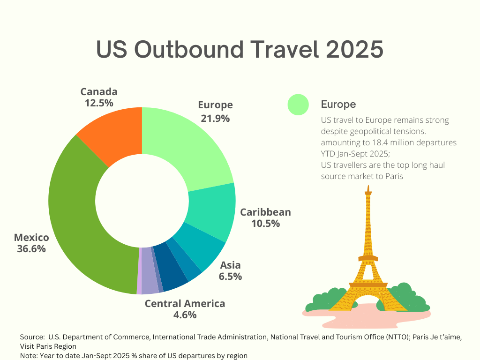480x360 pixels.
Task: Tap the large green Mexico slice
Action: pyautogui.click(x=80, y=220)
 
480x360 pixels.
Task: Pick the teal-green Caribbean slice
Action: pyautogui.click(x=211, y=211)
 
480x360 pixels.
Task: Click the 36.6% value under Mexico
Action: pyautogui.click(x=31, y=249)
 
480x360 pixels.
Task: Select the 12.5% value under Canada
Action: pyautogui.click(x=99, y=103)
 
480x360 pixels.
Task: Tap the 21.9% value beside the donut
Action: pyautogui.click(x=215, y=118)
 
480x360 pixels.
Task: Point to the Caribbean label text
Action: pyautogui.click(x=265, y=212)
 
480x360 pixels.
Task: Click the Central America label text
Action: pyautogui.click(x=185, y=304)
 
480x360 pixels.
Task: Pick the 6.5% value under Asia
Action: pyautogui.click(x=230, y=277)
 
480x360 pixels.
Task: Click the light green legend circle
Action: pyautogui.click(x=298, y=104)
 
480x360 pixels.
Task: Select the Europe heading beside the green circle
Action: pyautogui.click(x=338, y=104)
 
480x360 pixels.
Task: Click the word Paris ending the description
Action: pyautogui.click(x=394, y=176)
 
